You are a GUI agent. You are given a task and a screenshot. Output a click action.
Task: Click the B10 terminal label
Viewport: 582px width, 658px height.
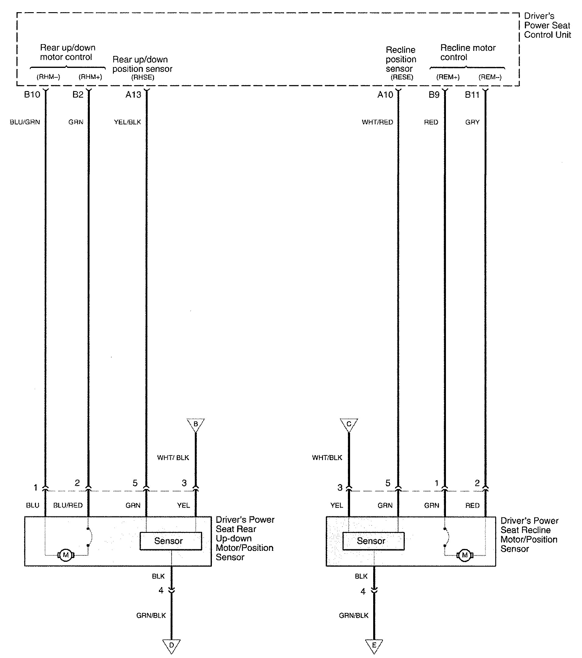click(x=32, y=95)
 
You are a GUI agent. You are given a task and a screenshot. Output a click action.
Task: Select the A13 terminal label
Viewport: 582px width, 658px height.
click(x=133, y=95)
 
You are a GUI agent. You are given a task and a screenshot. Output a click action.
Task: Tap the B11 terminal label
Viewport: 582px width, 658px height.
click(x=472, y=95)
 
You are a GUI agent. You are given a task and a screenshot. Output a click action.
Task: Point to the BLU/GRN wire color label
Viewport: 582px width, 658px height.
click(x=25, y=122)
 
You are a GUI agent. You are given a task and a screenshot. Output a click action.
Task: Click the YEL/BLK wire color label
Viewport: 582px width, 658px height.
click(x=127, y=122)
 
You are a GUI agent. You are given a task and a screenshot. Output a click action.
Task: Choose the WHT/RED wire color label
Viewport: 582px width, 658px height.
click(x=377, y=122)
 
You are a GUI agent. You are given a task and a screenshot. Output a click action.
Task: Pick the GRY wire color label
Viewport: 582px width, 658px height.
click(x=472, y=122)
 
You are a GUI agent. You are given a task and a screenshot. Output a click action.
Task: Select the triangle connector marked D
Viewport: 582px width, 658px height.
click(x=171, y=646)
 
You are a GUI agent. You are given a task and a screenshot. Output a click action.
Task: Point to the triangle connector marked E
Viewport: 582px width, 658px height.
click(x=374, y=646)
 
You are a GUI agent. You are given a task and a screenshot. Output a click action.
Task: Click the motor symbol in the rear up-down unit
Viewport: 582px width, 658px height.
click(x=66, y=555)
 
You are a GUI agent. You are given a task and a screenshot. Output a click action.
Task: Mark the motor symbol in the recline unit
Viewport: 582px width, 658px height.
click(x=465, y=555)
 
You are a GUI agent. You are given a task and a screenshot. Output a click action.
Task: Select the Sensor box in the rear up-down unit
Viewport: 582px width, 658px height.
click(x=170, y=541)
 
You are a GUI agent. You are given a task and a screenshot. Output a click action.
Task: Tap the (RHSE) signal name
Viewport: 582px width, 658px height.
click(x=142, y=77)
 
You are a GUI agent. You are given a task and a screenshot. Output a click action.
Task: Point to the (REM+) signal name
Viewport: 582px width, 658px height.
click(x=448, y=77)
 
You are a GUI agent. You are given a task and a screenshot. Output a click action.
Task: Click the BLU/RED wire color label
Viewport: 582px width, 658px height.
click(x=68, y=505)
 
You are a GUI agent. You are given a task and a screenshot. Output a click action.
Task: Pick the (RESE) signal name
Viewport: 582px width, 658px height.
click(x=402, y=77)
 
